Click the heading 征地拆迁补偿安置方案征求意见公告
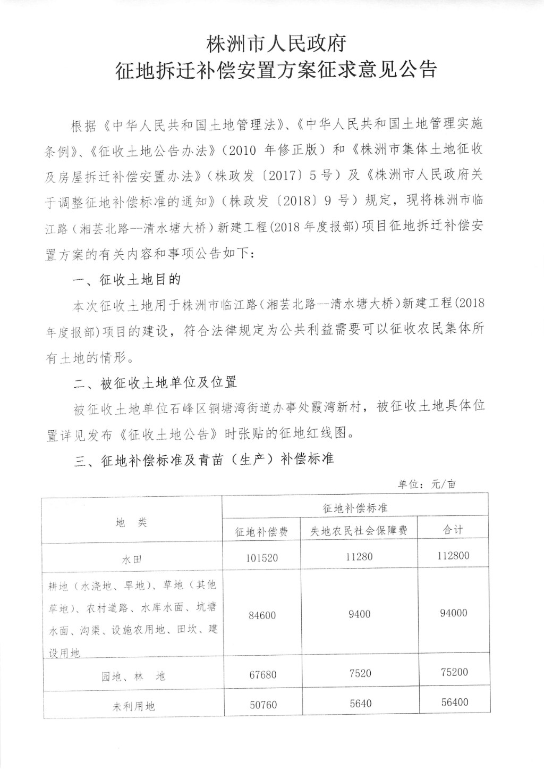276,70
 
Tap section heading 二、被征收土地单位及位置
155,382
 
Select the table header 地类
131,523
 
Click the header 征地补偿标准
355,508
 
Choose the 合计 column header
453,530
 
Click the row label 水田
131,559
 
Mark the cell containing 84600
262,615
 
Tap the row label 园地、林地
133,676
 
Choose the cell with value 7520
360,673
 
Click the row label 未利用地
133,706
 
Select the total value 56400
454,703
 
